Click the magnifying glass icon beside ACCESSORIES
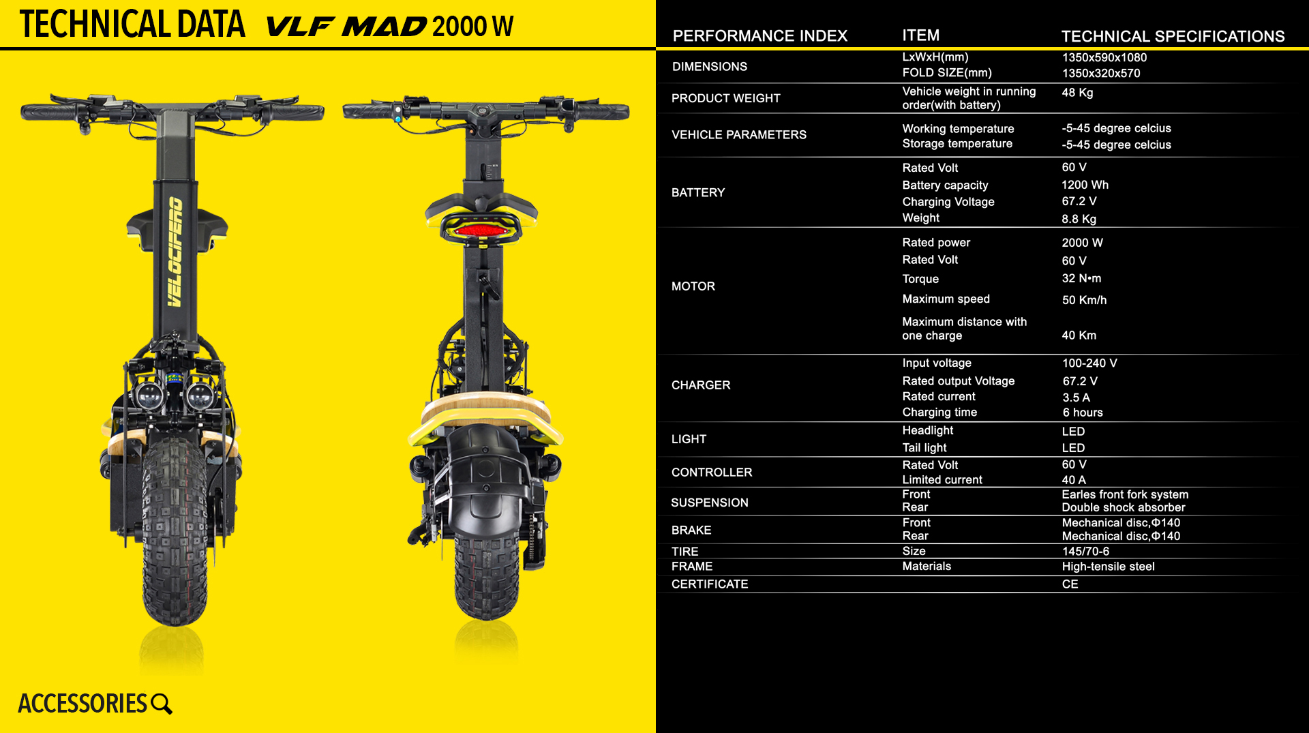click(x=162, y=704)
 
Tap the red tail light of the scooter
click(x=481, y=230)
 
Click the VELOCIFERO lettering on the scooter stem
click(x=175, y=252)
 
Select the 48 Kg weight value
click(x=1077, y=93)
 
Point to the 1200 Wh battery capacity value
click(x=1085, y=185)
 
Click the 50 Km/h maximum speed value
click(x=1084, y=300)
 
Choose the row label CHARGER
click(x=701, y=385)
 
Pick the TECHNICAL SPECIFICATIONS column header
click(x=1173, y=36)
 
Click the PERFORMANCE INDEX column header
click(x=759, y=36)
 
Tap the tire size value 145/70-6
click(x=1085, y=551)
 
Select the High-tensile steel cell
click(x=1108, y=567)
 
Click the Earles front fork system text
click(x=1125, y=494)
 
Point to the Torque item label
click(x=920, y=279)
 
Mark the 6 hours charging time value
click(x=1083, y=413)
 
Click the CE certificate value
click(x=1070, y=584)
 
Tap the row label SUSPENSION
click(x=709, y=503)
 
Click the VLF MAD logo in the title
click(x=346, y=27)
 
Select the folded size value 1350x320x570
click(x=1101, y=73)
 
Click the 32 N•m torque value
click(x=1081, y=278)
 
